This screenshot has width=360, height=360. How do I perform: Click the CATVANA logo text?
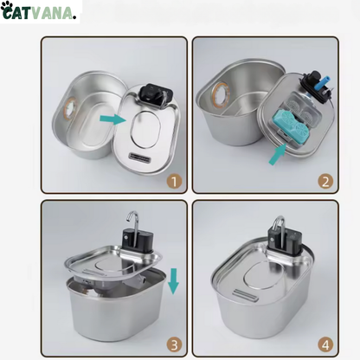click(x=48, y=12)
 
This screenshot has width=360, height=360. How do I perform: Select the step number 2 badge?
click(x=325, y=181)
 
